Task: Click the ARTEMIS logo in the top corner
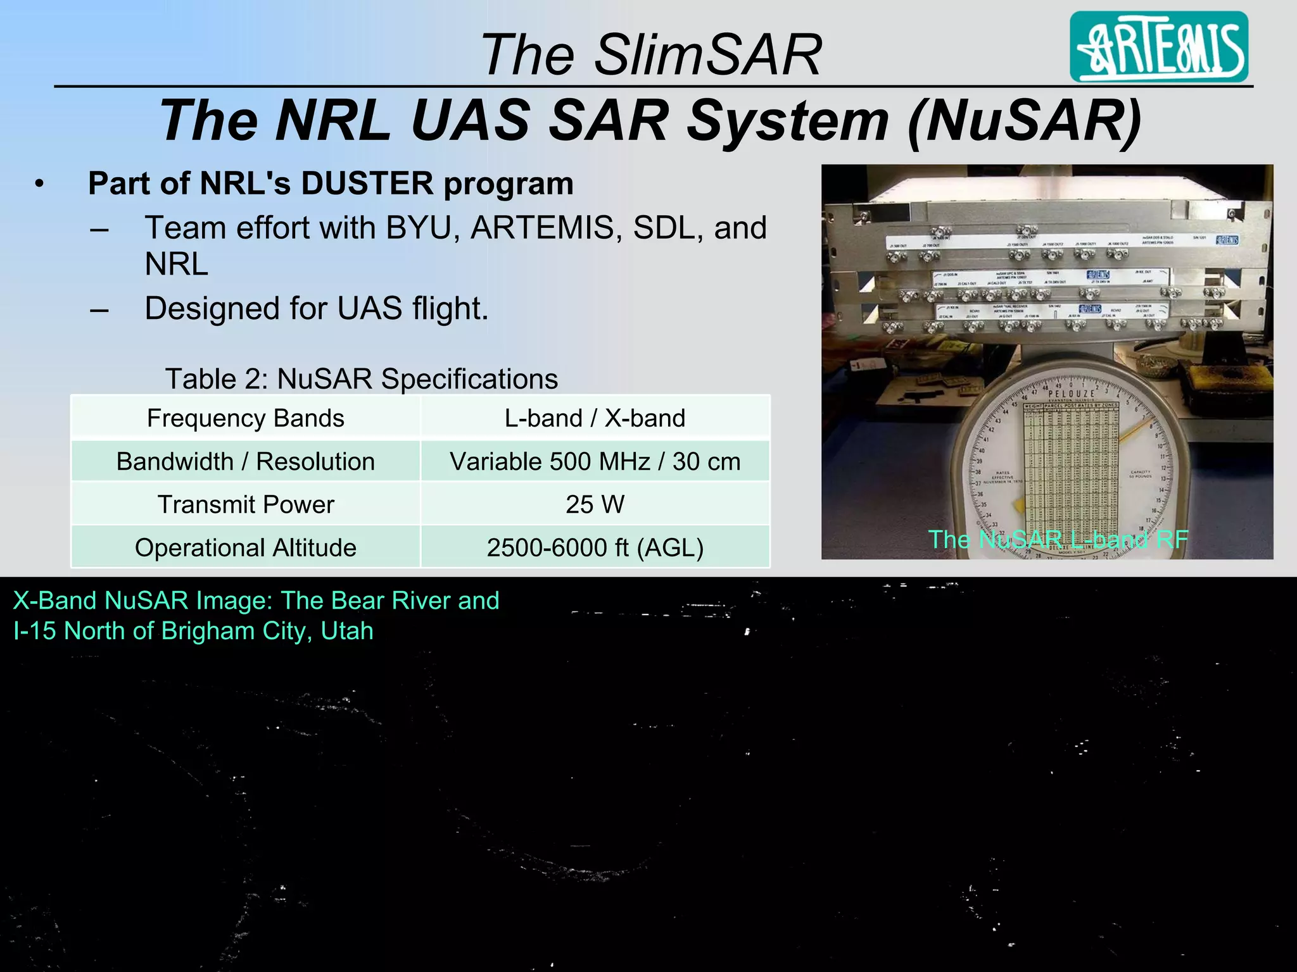click(1158, 47)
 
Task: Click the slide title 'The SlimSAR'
click(651, 54)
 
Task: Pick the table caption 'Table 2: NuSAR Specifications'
click(362, 379)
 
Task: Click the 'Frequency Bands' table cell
click(246, 418)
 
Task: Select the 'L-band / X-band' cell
click(595, 418)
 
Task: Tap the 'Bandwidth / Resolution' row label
click(246, 461)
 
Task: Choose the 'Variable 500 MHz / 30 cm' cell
click(595, 461)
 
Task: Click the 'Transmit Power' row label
click(246, 504)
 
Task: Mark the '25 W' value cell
click(595, 504)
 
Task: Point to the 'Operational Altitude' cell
click(246, 547)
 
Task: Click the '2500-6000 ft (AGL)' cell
click(595, 547)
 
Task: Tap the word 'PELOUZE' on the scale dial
click(1071, 393)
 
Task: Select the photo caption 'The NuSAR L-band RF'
click(1058, 540)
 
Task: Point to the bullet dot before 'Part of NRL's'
click(40, 184)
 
